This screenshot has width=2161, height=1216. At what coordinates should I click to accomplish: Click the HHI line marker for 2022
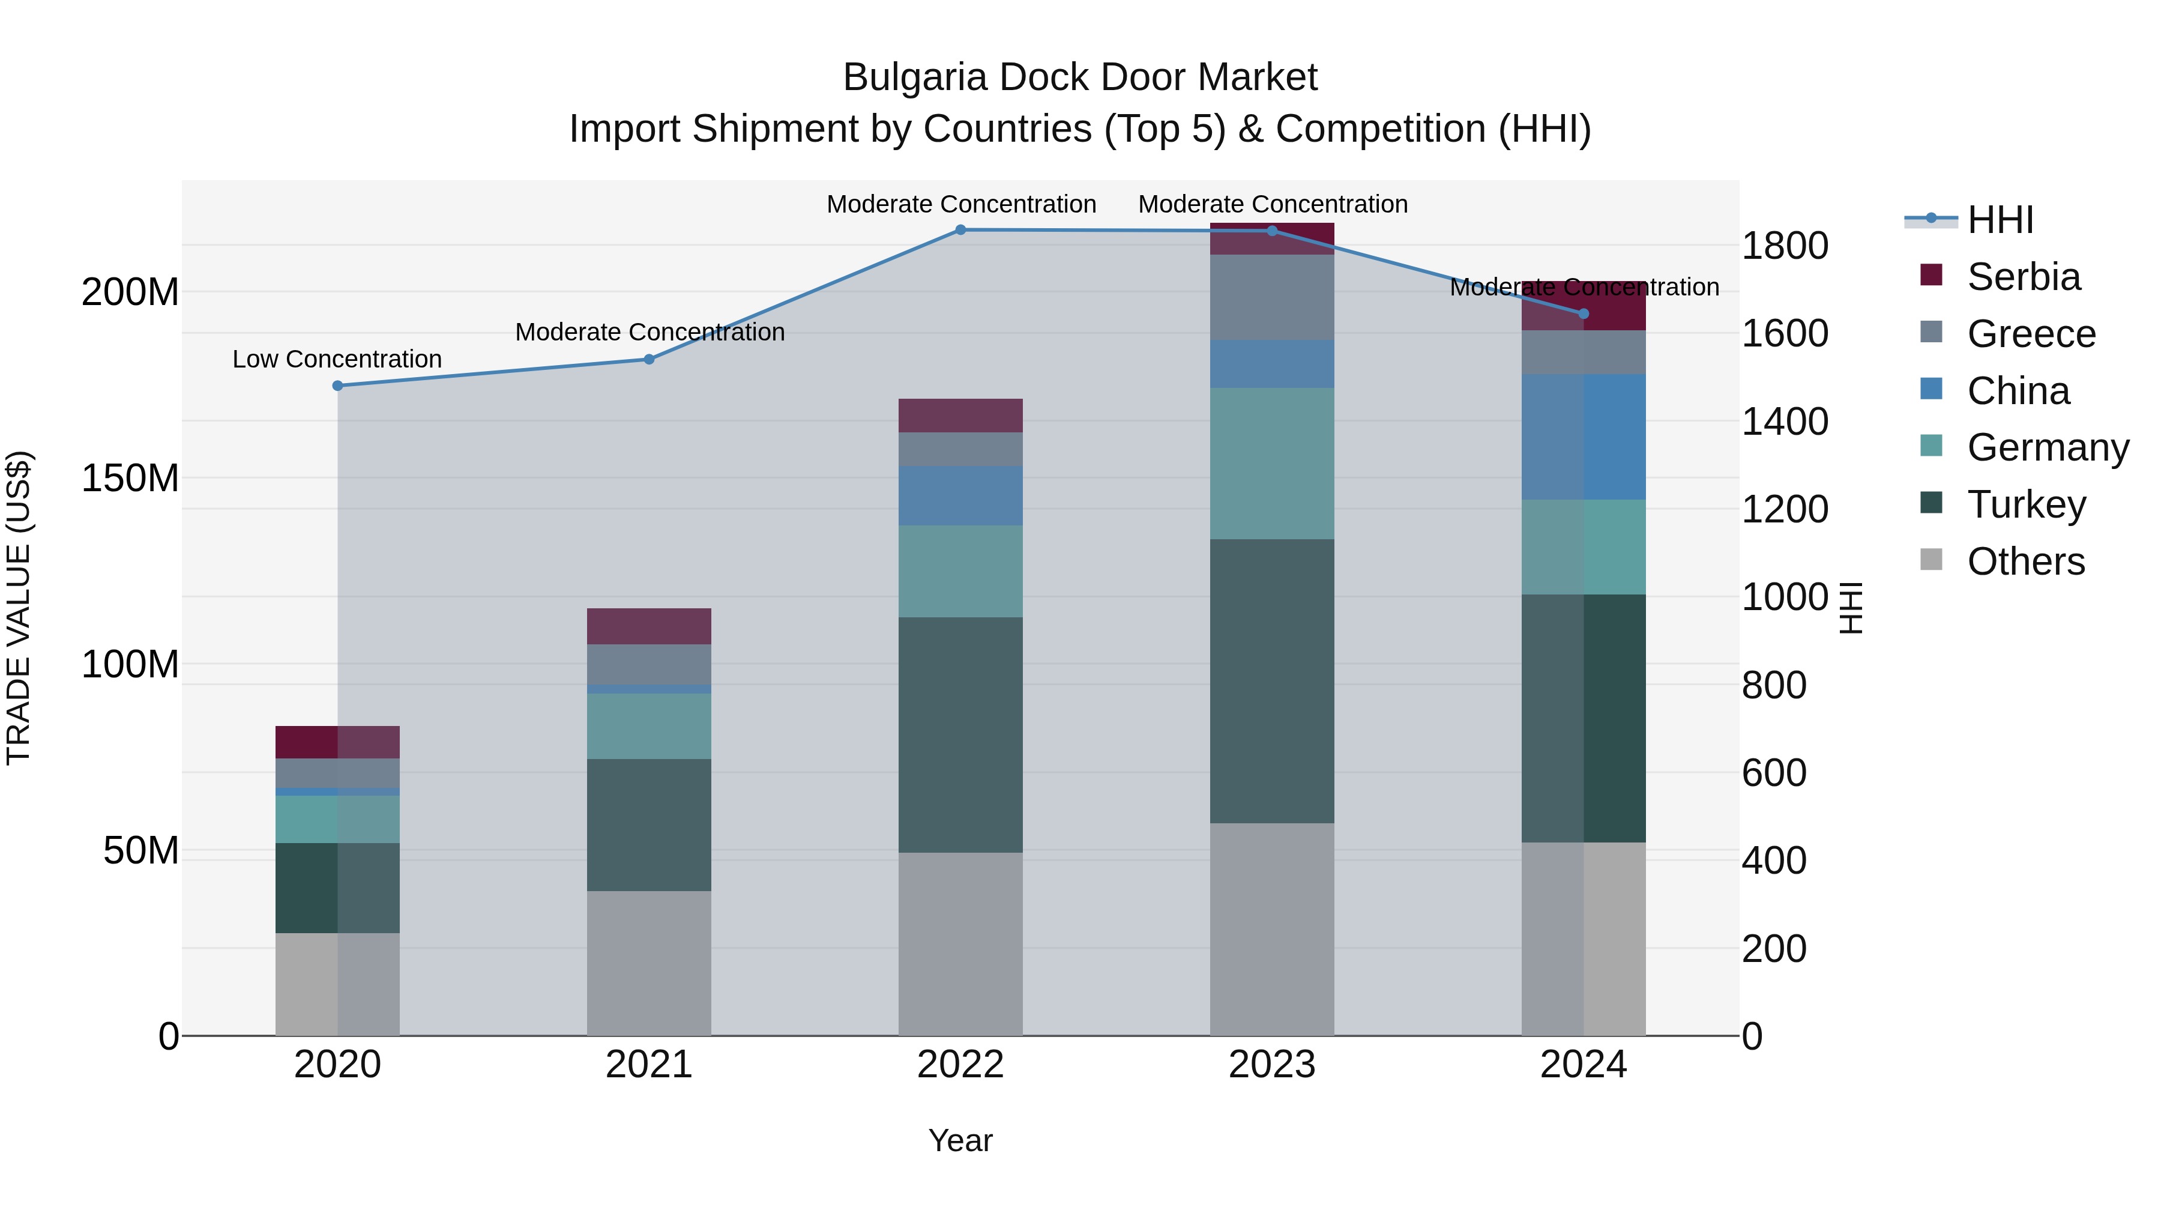(960, 230)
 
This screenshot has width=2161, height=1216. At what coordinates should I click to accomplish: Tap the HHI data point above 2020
(337, 386)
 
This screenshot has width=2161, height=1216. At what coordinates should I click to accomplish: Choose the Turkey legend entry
(2026, 504)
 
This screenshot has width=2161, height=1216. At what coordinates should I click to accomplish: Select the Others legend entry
(2025, 561)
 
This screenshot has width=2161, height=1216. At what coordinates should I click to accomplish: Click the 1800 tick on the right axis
(1785, 246)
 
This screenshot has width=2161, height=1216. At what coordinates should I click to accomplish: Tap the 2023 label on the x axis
(1272, 1065)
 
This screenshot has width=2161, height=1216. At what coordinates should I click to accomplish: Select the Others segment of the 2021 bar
(648, 963)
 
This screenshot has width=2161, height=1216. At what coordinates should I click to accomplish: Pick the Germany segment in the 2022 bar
(960, 572)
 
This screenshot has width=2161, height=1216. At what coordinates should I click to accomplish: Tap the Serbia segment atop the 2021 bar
(648, 626)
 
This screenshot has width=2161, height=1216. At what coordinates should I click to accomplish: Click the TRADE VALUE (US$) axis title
(19, 608)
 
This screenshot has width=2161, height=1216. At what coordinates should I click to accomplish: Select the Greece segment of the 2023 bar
(1272, 297)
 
